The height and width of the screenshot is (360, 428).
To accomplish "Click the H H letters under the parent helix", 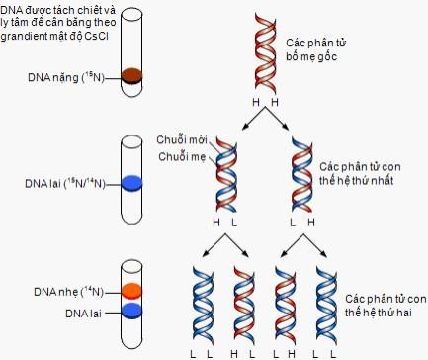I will click(262, 103).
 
